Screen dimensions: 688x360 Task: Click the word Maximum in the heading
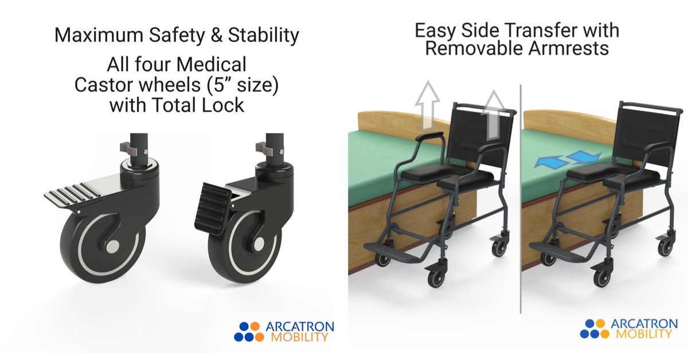pos(99,35)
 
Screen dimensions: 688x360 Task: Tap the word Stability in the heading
pos(264,36)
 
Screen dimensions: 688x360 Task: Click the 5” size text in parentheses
pos(243,85)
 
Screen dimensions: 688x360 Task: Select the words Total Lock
pos(198,105)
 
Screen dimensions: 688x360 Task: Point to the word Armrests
pos(568,48)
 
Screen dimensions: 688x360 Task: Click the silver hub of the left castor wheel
pos(114,246)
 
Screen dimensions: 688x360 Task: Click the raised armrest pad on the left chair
pos(429,136)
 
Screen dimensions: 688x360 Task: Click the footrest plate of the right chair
pos(558,249)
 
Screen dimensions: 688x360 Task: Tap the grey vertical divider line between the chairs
pos(521,199)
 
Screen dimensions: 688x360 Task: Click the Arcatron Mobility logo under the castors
pos(284,331)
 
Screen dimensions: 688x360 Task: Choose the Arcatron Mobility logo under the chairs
pos(629,328)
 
